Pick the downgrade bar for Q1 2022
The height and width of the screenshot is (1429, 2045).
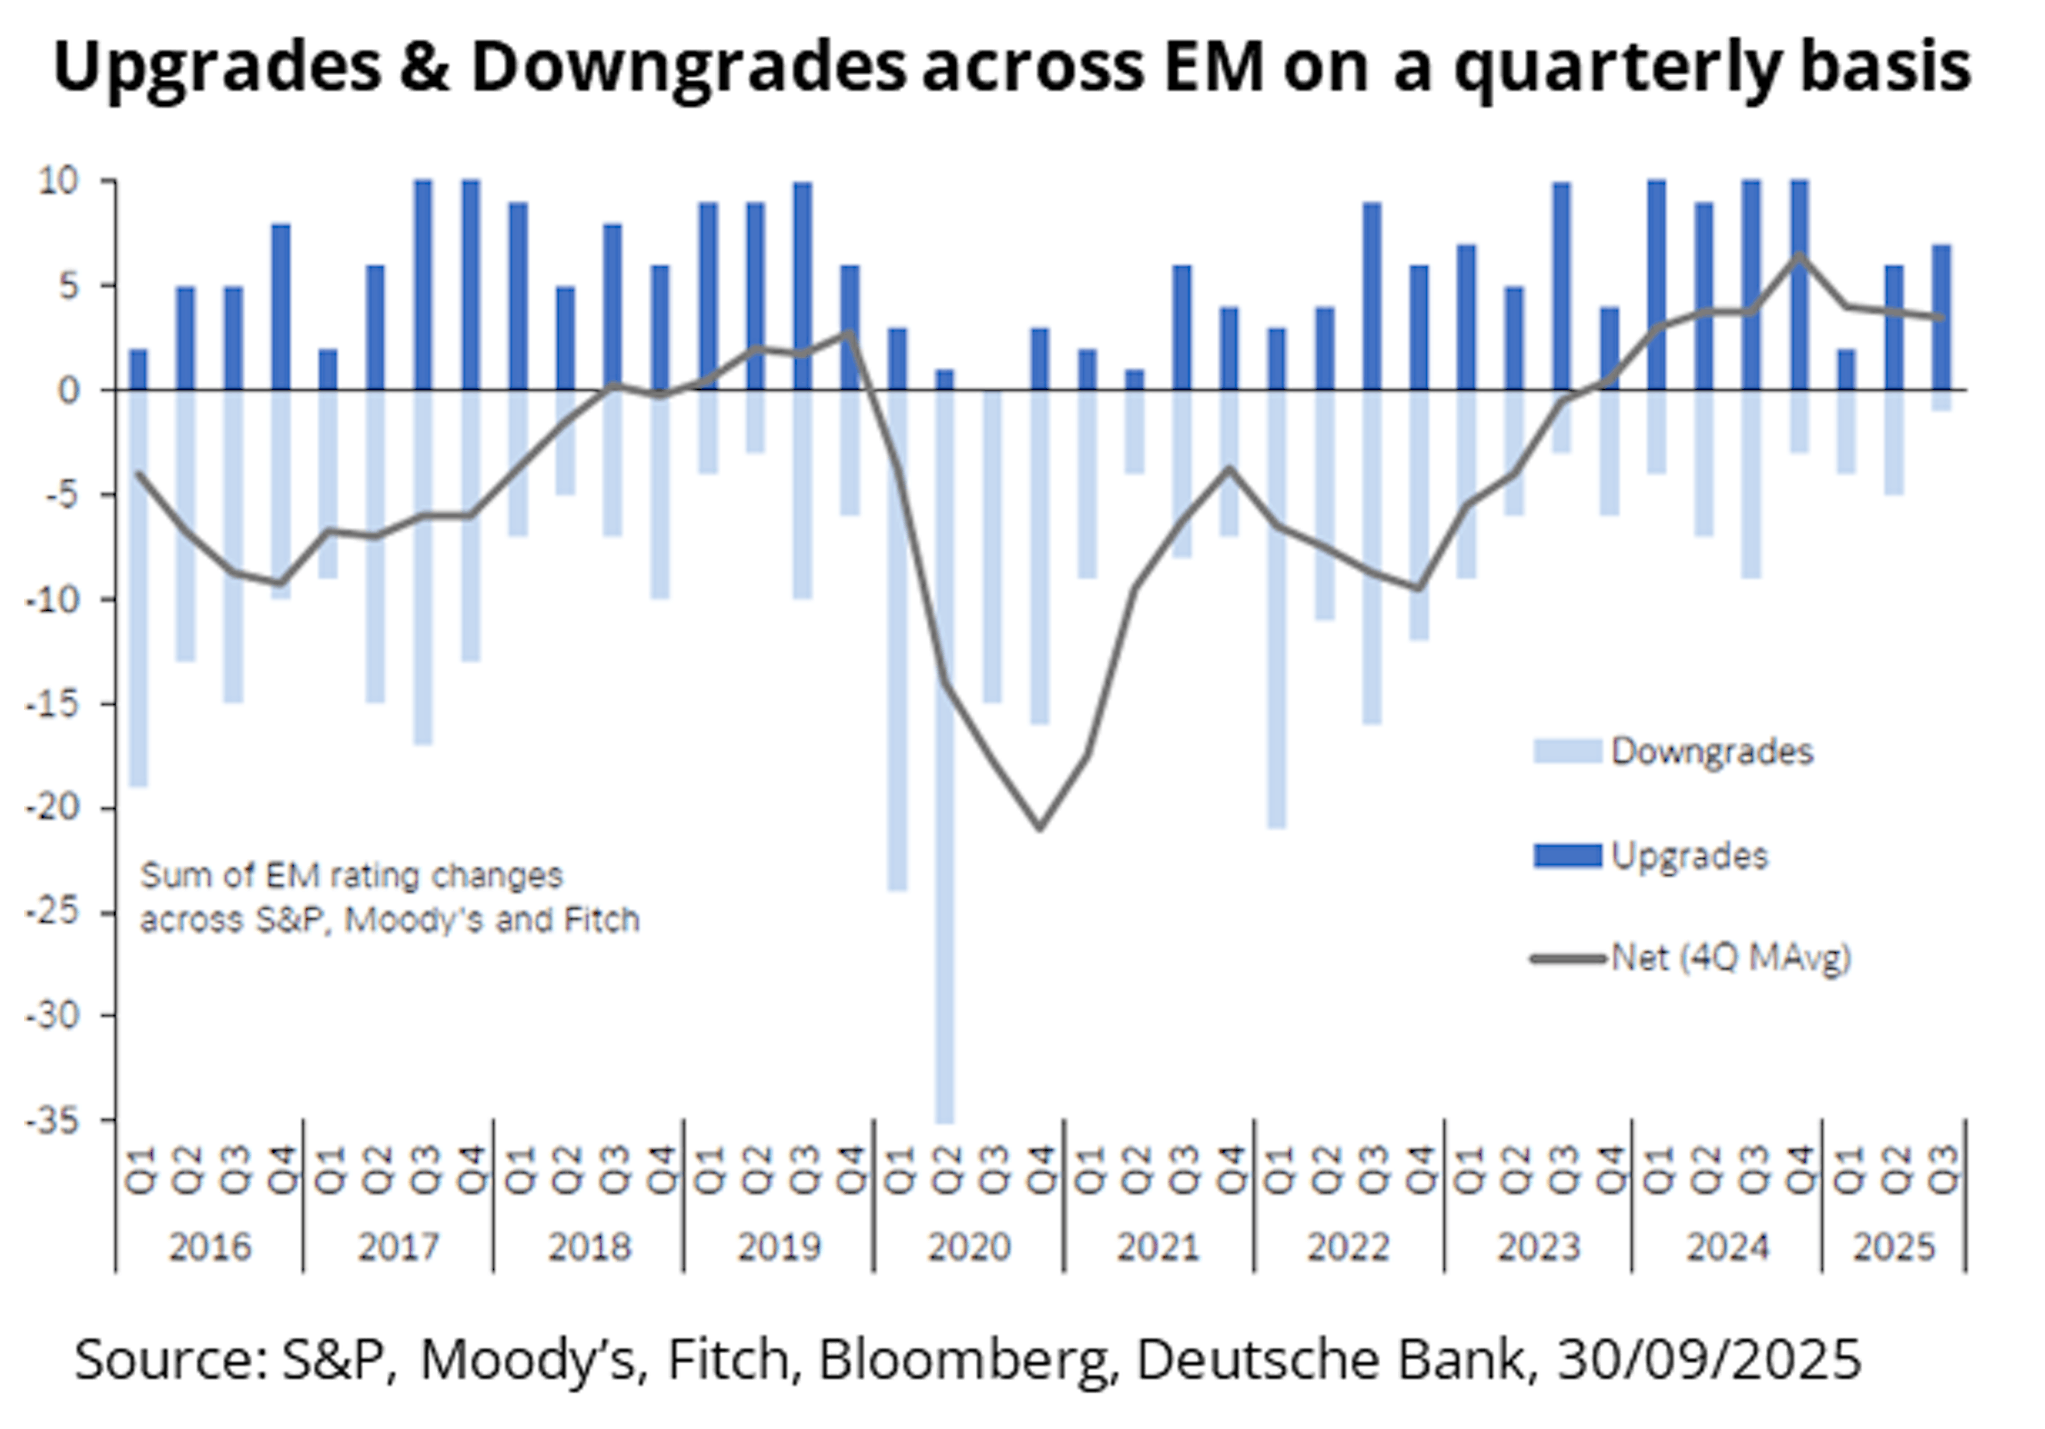click(x=1277, y=610)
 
